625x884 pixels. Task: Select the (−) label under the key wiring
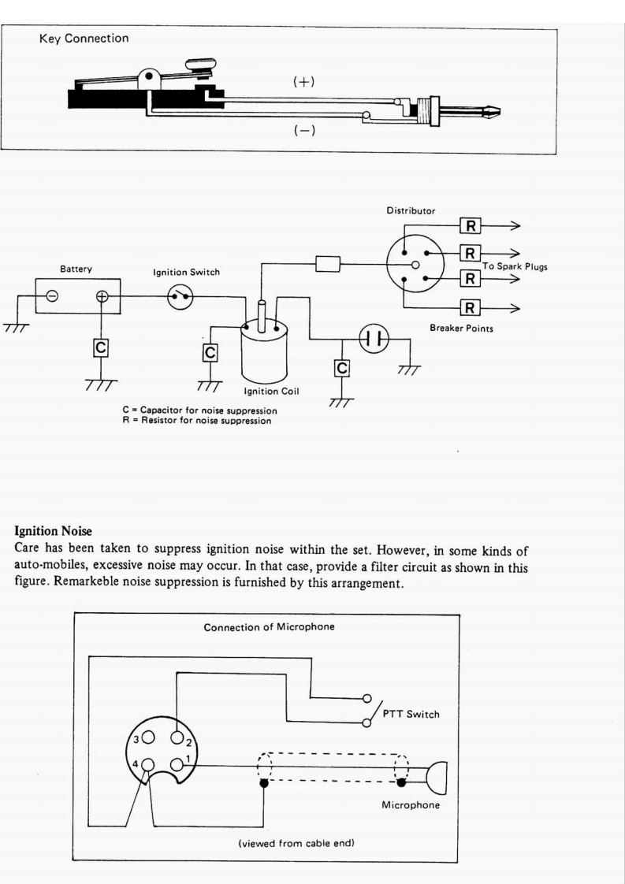click(303, 131)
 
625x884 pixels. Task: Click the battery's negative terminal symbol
click(51, 297)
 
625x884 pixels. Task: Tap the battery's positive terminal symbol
click(102, 297)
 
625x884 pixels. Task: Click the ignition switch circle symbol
click(182, 297)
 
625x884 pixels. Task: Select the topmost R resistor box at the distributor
click(470, 227)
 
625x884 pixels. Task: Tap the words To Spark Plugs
click(515, 266)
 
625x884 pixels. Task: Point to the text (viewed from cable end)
click(296, 843)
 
